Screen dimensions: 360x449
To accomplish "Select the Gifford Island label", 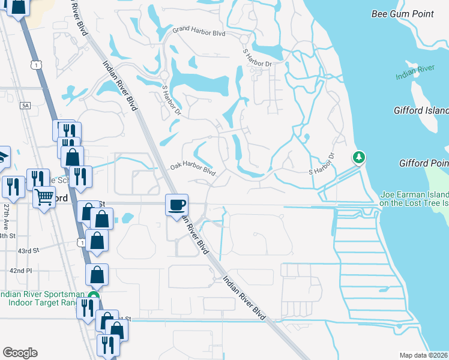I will coord(421,111).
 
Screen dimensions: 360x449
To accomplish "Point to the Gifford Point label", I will coord(423,163).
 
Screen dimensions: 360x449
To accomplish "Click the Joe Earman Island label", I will coord(414,195).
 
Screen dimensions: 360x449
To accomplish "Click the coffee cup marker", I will coord(176,205).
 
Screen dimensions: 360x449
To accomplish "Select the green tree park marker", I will coord(359,158).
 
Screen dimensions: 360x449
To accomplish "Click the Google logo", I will coord(20,352).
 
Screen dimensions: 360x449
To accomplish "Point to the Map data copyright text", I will coord(424,355).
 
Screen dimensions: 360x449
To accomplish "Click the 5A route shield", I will coord(25,106).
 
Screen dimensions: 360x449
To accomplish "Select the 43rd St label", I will coord(28,250).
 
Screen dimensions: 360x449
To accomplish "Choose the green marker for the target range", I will coord(92,296).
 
